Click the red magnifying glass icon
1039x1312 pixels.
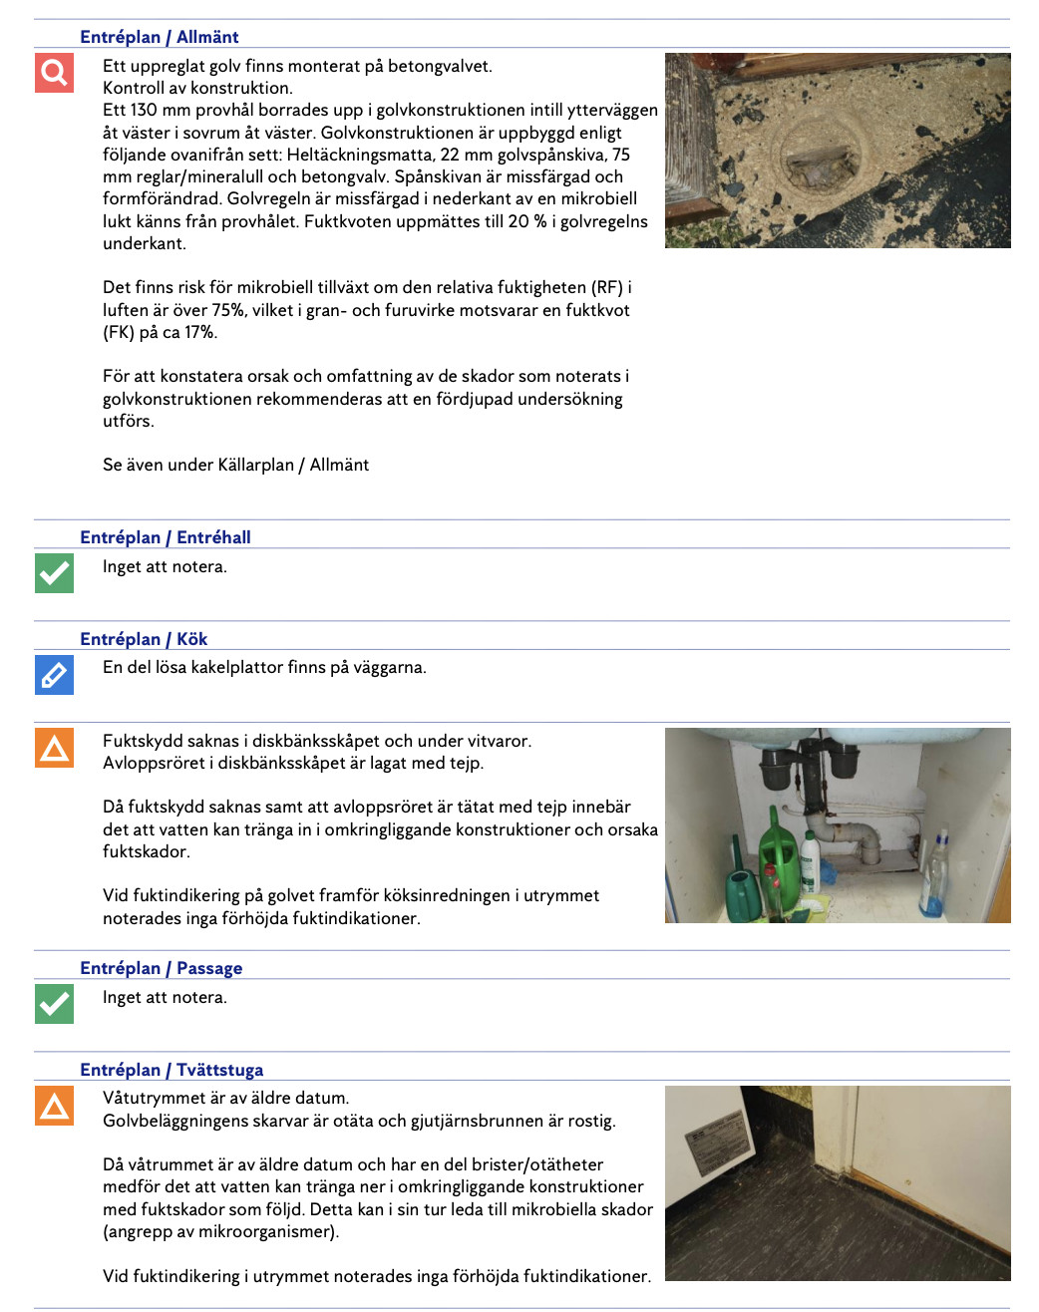tap(54, 73)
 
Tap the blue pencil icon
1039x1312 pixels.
tap(54, 674)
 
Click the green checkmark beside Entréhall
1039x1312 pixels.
tap(54, 573)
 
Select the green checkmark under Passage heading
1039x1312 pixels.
tap(54, 1004)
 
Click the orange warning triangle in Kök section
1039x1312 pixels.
tap(54, 748)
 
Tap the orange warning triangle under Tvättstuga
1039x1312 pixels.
tap(54, 1106)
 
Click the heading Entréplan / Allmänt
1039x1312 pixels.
tap(160, 37)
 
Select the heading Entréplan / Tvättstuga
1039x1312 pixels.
tap(172, 1070)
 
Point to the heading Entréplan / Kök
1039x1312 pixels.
tap(144, 639)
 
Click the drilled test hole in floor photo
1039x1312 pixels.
tap(817, 156)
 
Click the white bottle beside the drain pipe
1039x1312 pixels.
tap(810, 860)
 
